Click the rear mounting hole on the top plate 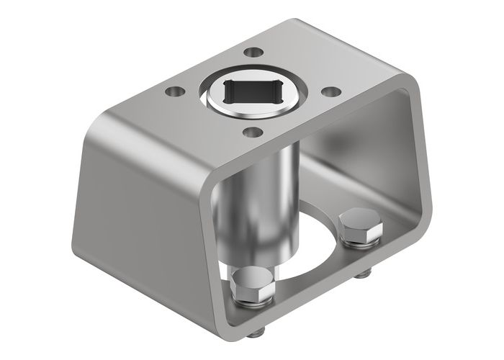click(x=253, y=52)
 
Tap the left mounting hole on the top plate click(x=173, y=92)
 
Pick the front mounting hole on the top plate click(x=251, y=132)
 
